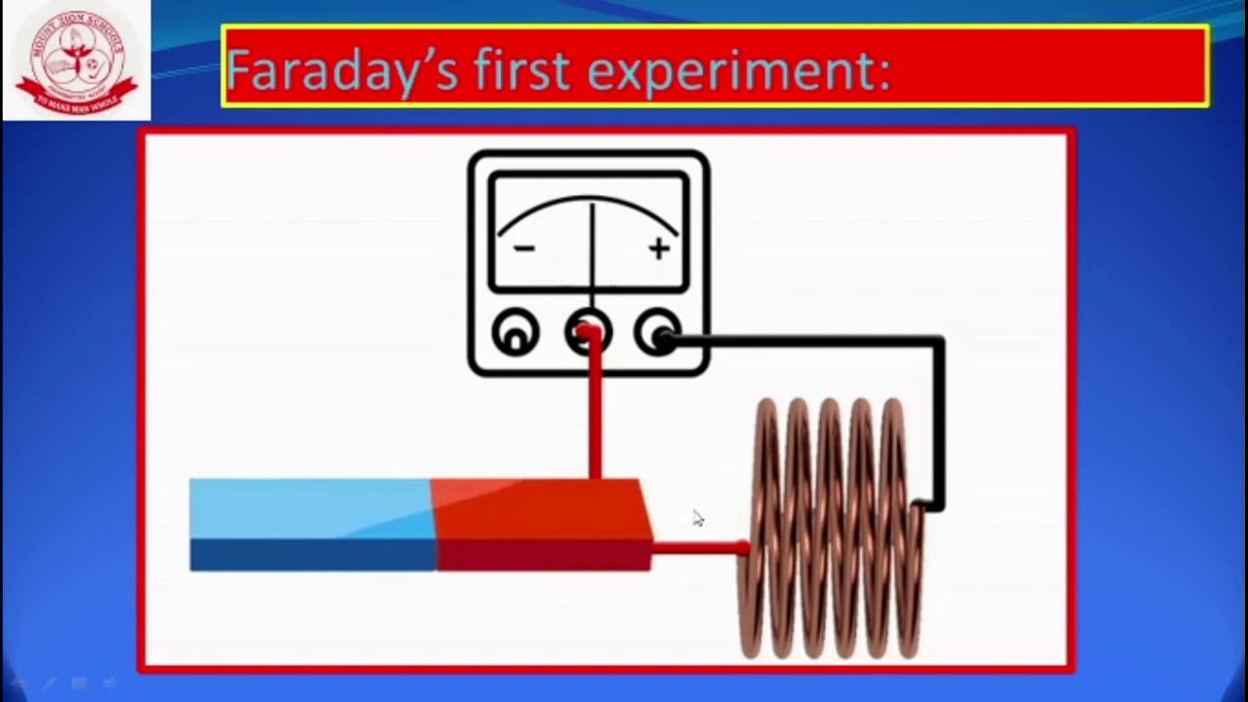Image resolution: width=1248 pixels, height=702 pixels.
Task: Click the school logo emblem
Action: [x=76, y=60]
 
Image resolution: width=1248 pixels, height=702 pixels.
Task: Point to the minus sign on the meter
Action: [x=524, y=248]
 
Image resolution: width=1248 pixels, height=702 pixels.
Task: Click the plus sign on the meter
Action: [x=659, y=249]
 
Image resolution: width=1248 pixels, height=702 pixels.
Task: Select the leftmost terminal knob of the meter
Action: [x=515, y=333]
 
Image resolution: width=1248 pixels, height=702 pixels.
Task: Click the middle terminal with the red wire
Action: [x=588, y=333]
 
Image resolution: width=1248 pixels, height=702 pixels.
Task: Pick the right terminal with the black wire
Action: [x=660, y=334]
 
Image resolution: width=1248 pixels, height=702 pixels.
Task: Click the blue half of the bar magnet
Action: [x=312, y=524]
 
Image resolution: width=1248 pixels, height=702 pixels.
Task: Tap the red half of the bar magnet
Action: [x=541, y=524]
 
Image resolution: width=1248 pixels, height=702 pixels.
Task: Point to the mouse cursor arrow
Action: [x=697, y=517]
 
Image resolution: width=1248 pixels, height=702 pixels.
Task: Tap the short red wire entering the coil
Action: [x=697, y=549]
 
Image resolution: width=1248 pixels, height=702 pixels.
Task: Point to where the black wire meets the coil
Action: [x=920, y=505]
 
